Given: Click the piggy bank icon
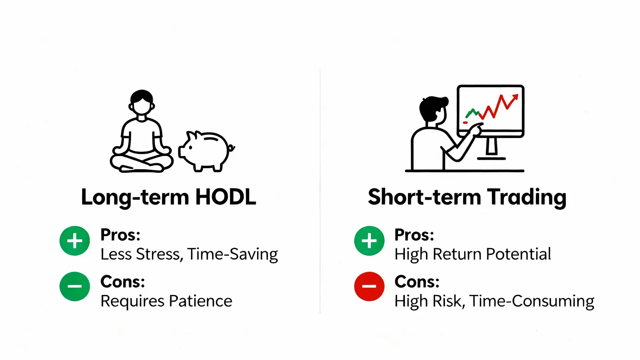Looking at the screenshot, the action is tap(206, 151).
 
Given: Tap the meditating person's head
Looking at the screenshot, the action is tap(142, 103).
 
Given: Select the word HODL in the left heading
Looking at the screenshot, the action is tap(226, 197).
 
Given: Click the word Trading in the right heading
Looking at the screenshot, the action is tap(527, 198).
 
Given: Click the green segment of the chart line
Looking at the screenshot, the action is tap(472, 113).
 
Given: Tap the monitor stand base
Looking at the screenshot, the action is tap(491, 158).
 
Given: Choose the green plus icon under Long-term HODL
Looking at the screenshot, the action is tap(75, 241).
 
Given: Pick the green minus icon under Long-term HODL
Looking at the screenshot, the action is tap(75, 286).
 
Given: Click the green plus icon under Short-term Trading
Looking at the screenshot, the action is tap(369, 241).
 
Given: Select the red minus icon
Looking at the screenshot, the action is tap(369, 286).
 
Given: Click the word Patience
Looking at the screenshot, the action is tap(201, 301).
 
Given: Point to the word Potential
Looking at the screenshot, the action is tap(519, 254).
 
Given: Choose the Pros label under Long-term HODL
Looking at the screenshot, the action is tap(120, 235).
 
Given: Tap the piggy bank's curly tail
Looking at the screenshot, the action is tap(232, 148).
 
